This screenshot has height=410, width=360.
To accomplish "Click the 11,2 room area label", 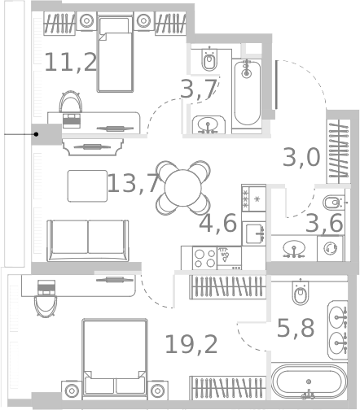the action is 71,63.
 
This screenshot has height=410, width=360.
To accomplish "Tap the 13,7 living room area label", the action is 134,183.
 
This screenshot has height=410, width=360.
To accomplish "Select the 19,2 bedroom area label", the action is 191,344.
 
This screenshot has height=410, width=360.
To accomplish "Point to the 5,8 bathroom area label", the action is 296,328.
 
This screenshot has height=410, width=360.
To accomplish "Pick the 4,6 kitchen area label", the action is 218,223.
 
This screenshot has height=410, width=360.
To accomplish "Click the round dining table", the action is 183,188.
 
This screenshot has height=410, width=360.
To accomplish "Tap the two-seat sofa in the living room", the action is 88,241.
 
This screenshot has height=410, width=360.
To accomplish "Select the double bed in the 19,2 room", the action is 115,357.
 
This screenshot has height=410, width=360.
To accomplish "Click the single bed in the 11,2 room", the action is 116,54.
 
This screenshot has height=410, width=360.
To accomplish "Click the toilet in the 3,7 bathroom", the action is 209,59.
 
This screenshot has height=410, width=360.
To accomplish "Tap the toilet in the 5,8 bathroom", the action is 301,292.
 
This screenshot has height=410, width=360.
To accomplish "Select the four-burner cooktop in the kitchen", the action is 204,259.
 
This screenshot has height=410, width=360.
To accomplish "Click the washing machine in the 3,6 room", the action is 330,248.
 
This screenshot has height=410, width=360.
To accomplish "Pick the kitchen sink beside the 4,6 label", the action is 254,233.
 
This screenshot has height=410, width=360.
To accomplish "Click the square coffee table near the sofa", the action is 87,186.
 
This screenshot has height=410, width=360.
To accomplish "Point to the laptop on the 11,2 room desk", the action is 72,120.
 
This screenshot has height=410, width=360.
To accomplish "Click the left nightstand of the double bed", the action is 72,390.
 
